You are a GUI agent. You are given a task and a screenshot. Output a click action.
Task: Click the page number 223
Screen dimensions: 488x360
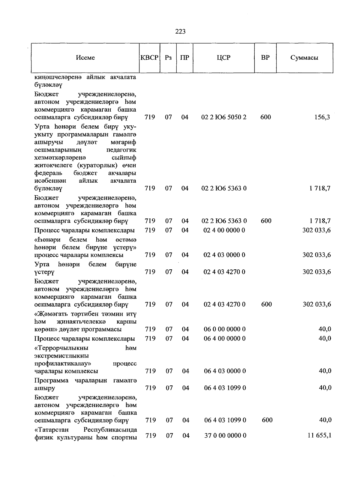coord(180,31)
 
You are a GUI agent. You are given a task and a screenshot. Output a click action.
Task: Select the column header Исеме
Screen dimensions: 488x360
coord(85,58)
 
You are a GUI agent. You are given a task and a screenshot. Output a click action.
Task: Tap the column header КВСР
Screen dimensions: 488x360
coord(149,58)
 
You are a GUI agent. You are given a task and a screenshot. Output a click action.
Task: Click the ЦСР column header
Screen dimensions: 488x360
coord(224,58)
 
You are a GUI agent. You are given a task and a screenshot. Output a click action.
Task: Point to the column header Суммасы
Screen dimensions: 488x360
coord(304,58)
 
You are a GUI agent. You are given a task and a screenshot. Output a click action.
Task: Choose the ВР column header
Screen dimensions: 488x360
coord(265,58)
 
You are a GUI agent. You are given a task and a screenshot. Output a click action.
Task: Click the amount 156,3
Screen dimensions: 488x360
coord(322,117)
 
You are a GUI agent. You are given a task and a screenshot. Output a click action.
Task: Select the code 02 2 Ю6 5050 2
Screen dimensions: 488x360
coord(224,117)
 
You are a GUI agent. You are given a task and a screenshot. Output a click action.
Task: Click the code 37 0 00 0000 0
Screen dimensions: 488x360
coord(225,436)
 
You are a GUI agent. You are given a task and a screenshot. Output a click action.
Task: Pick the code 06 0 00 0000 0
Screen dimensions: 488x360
coord(225,329)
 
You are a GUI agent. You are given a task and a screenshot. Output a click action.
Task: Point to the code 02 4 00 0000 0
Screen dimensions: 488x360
coord(224,230)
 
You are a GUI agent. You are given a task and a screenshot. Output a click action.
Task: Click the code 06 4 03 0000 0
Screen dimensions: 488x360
coord(225,371)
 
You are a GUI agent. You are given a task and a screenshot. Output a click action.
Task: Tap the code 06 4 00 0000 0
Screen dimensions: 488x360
coord(225,339)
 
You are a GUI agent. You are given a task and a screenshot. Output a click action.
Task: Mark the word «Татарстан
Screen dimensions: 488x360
coord(52,430)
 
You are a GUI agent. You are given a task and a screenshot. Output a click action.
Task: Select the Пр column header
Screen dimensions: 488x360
coord(184,58)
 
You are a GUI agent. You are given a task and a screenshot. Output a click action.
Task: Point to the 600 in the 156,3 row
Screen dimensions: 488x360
coord(265,117)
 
